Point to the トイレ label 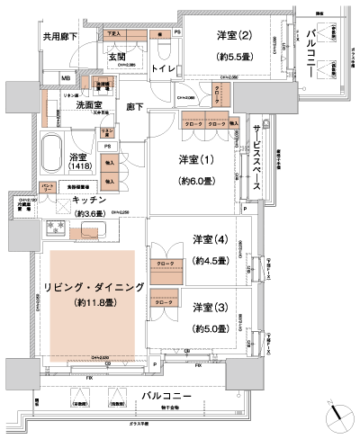click(165, 67)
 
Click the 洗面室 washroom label click(67, 104)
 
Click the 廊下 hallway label click(135, 107)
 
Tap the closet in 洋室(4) click(166, 264)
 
